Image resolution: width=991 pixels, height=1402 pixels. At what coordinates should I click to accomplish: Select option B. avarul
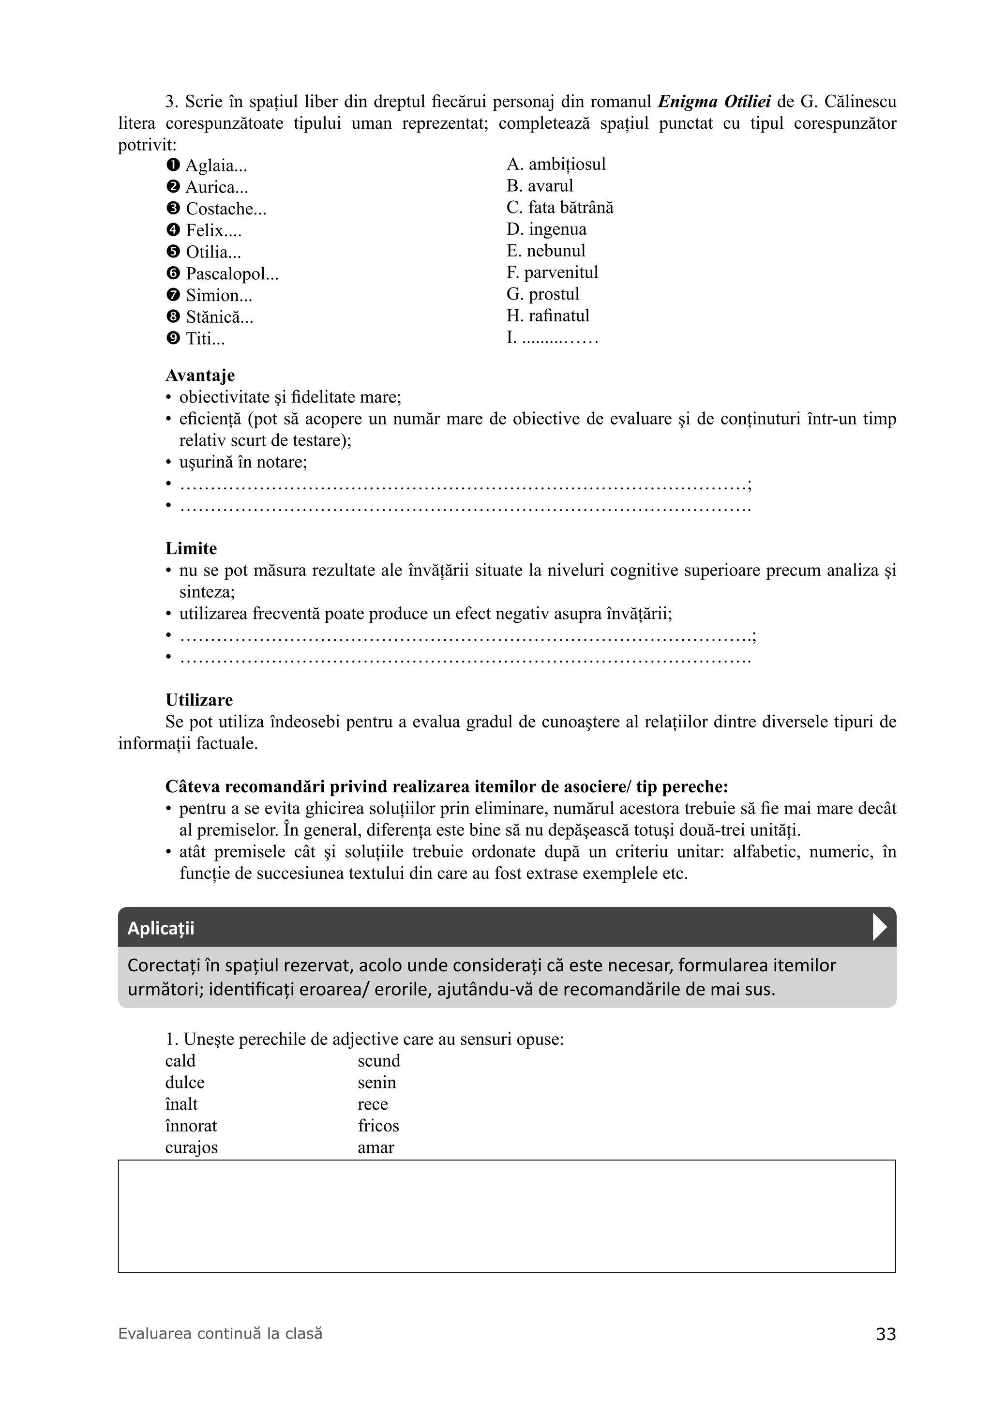540,186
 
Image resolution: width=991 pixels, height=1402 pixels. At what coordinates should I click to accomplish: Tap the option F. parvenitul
552,273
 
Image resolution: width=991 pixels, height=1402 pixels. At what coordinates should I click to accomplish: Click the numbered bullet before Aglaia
173,165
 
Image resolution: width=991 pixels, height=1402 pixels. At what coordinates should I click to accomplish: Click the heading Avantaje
200,376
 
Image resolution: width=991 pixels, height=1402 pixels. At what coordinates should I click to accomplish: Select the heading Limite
191,548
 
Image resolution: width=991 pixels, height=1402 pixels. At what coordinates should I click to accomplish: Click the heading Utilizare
199,700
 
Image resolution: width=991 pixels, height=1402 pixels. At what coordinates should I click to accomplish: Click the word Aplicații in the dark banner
161,928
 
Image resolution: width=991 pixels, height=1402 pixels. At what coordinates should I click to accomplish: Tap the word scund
378,1061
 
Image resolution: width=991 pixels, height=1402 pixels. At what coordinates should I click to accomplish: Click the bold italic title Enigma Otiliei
714,101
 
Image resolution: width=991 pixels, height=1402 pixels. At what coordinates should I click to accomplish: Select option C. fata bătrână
560,208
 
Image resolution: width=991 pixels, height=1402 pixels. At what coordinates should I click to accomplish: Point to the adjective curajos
191,1147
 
